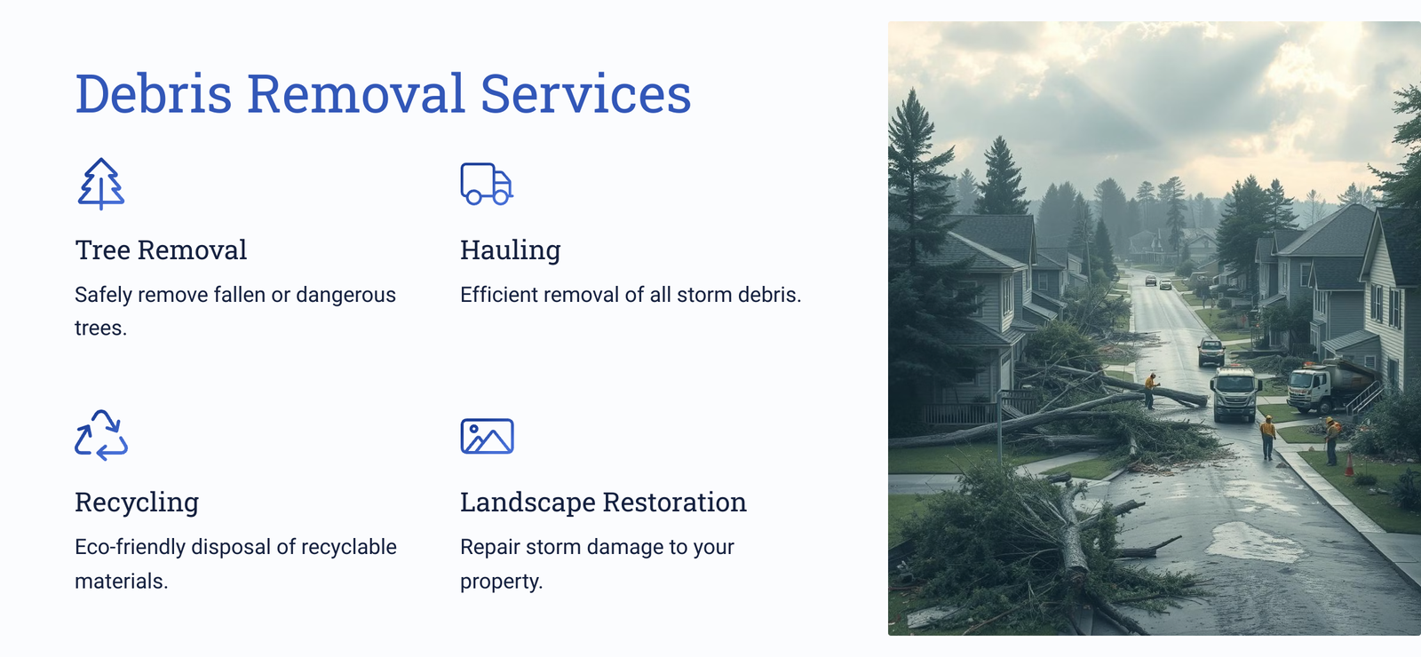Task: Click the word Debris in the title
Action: (154, 94)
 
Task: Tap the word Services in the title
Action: (585, 94)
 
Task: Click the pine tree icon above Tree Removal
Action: (101, 184)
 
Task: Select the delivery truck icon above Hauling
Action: (487, 184)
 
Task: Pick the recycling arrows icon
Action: (101, 435)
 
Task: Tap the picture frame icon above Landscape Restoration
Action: (488, 436)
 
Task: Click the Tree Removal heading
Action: (161, 249)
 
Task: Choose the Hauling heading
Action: (510, 250)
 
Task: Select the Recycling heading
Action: (137, 503)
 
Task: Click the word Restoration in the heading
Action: (674, 503)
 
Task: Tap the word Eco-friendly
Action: (130, 547)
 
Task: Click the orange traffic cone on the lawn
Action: (1349, 464)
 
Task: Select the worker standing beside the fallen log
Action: (1150, 391)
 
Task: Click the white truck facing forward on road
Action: (1234, 394)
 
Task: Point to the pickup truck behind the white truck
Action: (1211, 352)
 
